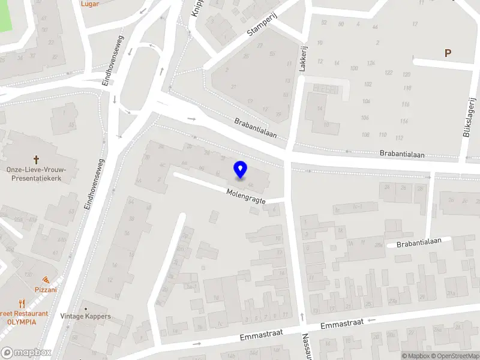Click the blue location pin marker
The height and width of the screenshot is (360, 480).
coord(240,170)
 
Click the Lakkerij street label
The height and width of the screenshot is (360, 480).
coord(302,59)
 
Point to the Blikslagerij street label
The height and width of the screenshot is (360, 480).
coord(470,118)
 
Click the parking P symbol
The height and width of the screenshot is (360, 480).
coord(447,53)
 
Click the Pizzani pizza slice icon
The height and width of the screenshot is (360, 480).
coord(46,280)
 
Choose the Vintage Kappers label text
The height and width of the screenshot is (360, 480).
coord(85,316)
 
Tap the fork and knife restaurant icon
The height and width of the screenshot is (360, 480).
coord(22,304)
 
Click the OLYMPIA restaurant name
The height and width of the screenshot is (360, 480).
coord(22,322)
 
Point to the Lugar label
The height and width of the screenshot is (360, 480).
coord(90,3)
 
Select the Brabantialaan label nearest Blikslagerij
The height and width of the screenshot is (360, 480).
coord(402,154)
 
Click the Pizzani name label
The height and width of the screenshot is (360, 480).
coord(46,289)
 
